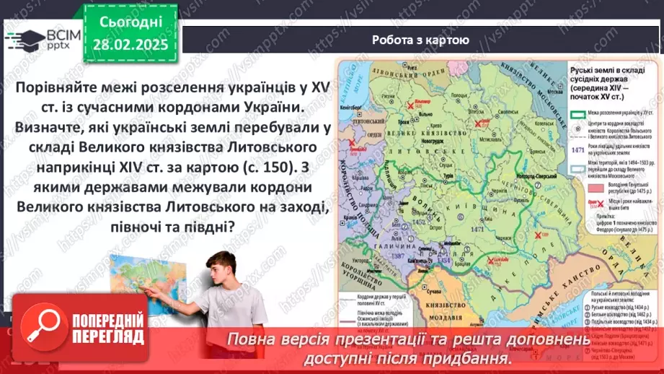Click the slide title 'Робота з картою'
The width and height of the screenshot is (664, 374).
[420, 40]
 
